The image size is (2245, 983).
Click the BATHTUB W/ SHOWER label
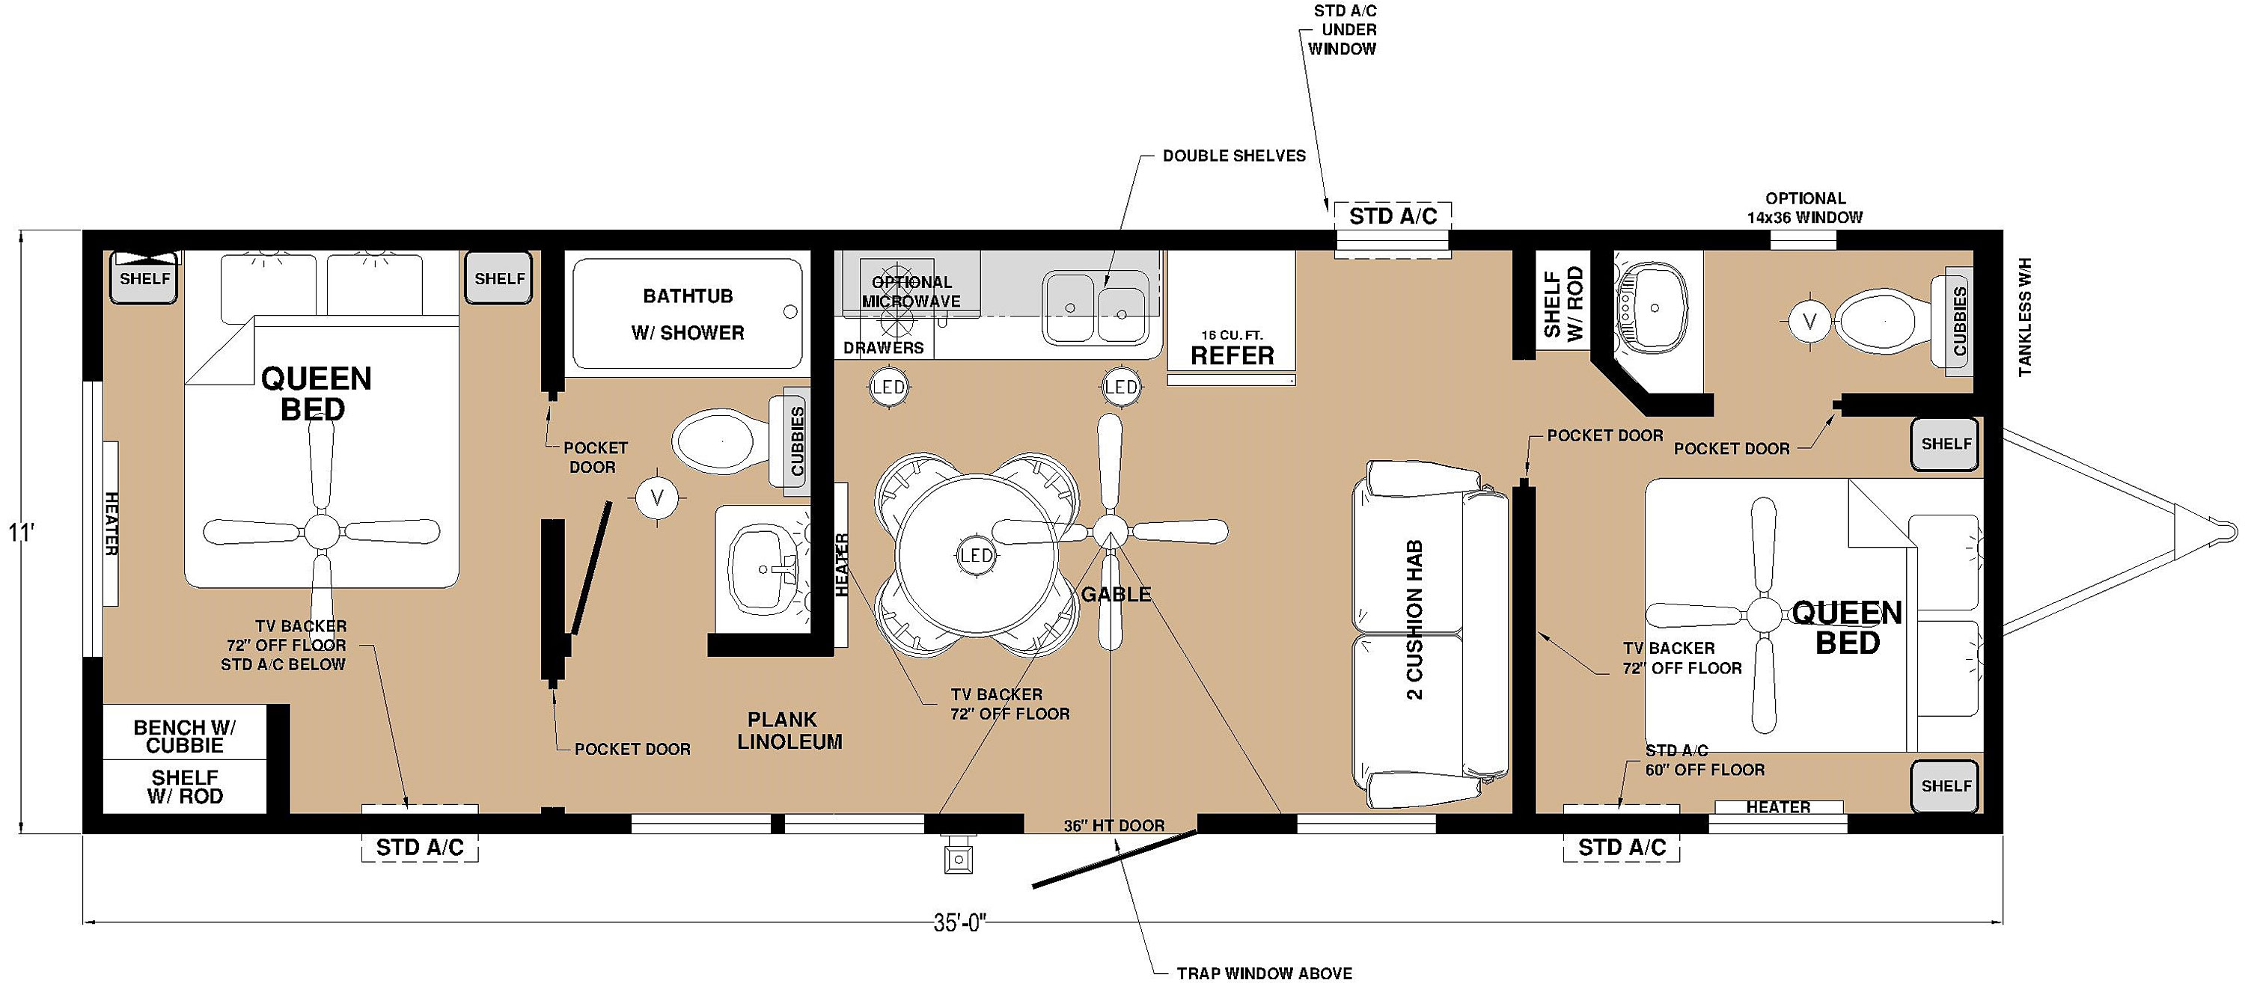(688, 313)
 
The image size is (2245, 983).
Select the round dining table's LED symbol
(975, 555)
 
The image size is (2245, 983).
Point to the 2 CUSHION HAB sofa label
(1414, 619)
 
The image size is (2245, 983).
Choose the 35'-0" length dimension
(959, 923)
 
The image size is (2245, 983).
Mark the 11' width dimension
(21, 532)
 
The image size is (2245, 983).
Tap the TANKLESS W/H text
(2023, 317)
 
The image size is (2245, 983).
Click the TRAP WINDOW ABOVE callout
(1264, 973)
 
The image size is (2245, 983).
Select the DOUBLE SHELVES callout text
(1234, 156)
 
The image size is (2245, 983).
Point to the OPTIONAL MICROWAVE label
(911, 291)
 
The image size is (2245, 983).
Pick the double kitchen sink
(1096, 306)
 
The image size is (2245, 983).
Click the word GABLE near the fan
(1116, 594)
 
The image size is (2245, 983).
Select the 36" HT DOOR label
(1114, 825)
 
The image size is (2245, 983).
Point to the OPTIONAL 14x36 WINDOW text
(1804, 207)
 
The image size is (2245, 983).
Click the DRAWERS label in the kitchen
(883, 348)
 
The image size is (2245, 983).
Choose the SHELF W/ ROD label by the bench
(185, 786)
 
